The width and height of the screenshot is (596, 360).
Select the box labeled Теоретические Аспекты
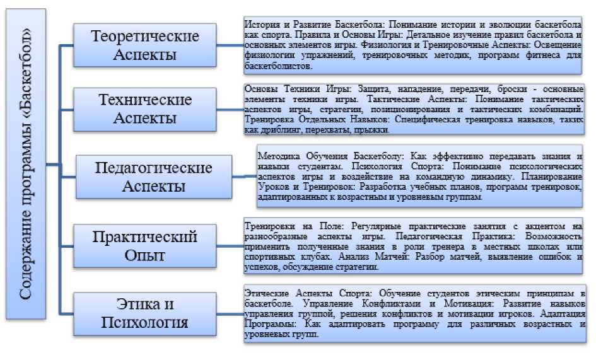pyautogui.click(x=145, y=45)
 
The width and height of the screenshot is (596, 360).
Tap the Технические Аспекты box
pyautogui.click(x=145, y=108)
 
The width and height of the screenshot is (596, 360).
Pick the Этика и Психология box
pyautogui.click(x=145, y=313)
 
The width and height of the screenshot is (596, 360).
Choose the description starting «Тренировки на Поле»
pyautogui.click(x=416, y=246)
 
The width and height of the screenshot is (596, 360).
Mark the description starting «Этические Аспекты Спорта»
pyautogui.click(x=416, y=313)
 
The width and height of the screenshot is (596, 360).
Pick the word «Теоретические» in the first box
pyautogui.click(x=145, y=35)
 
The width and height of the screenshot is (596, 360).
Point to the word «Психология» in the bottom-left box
pyautogui.click(x=145, y=323)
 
